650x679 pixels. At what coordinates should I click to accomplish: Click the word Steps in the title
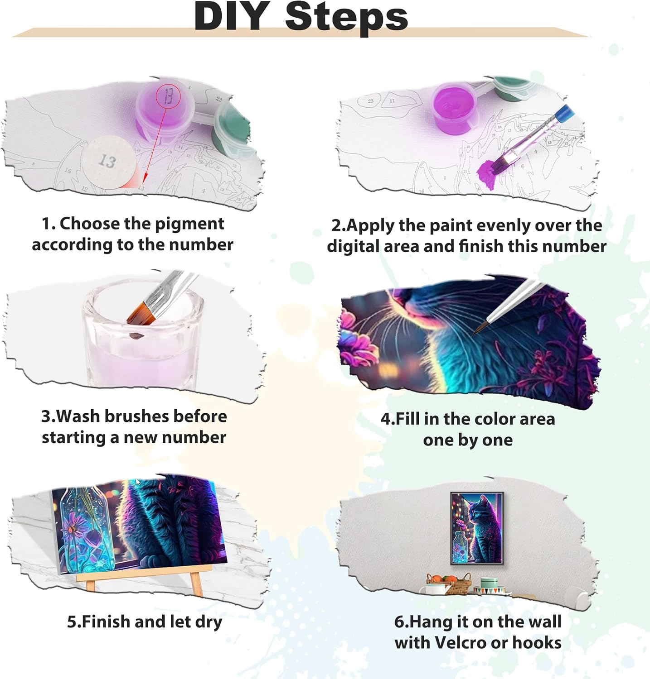(347, 17)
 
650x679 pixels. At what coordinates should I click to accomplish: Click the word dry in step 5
(209, 622)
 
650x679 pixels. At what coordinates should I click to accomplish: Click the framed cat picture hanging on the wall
(477, 528)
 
